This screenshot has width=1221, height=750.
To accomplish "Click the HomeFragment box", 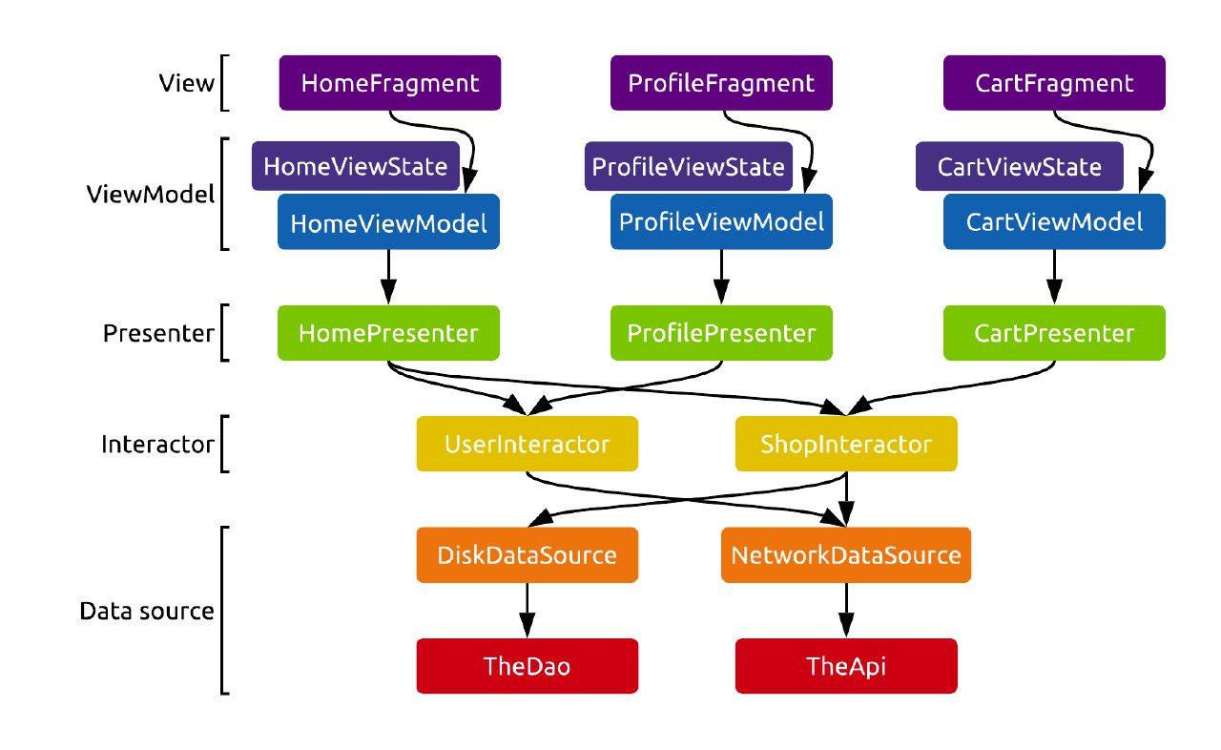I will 389,83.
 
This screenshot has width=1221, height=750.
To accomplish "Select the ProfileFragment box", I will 721,83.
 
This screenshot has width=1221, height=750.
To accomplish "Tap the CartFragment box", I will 1054,83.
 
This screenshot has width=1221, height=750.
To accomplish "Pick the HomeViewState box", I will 355,167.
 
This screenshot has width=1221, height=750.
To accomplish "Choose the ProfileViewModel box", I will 721,222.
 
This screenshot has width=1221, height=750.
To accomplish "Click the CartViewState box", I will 1019,167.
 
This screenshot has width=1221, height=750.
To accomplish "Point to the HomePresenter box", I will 388,333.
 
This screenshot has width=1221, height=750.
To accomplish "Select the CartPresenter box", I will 1054,333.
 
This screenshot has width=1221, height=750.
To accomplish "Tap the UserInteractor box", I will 527,444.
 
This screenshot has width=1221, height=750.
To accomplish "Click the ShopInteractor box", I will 846,444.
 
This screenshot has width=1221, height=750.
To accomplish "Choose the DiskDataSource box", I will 527,554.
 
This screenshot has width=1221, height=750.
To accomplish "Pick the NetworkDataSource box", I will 846,554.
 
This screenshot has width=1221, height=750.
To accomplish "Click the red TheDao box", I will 527,665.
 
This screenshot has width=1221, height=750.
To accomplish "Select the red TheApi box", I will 846,665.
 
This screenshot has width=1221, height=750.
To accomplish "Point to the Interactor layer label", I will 157,444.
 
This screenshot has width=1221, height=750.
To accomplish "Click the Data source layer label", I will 147,611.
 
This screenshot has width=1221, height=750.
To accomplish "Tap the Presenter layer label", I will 158,333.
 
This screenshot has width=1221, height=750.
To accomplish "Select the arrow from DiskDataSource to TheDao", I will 527,610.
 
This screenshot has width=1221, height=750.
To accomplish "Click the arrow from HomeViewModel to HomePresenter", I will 388,277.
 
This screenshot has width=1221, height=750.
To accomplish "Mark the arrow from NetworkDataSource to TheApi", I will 846,610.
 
